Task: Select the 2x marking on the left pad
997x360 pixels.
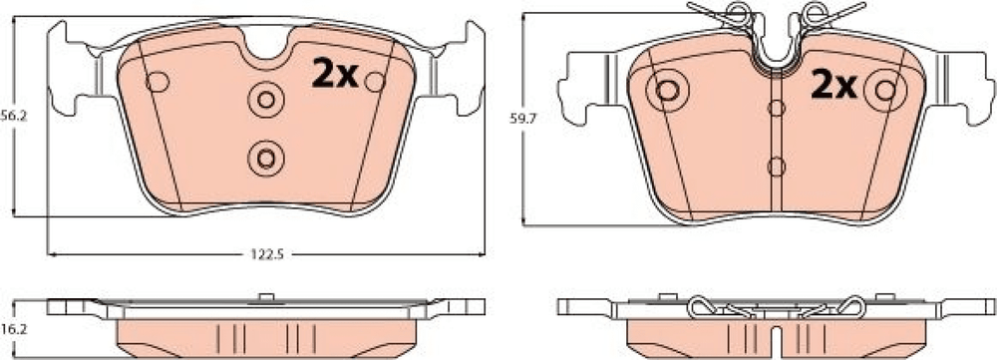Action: click(336, 74)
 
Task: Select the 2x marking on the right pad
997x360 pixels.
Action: click(833, 85)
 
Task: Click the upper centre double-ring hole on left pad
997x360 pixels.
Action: click(266, 100)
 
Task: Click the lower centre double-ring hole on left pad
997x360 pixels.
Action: click(266, 158)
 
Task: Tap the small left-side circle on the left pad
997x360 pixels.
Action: click(158, 82)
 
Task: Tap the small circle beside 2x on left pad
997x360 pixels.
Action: click(375, 82)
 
